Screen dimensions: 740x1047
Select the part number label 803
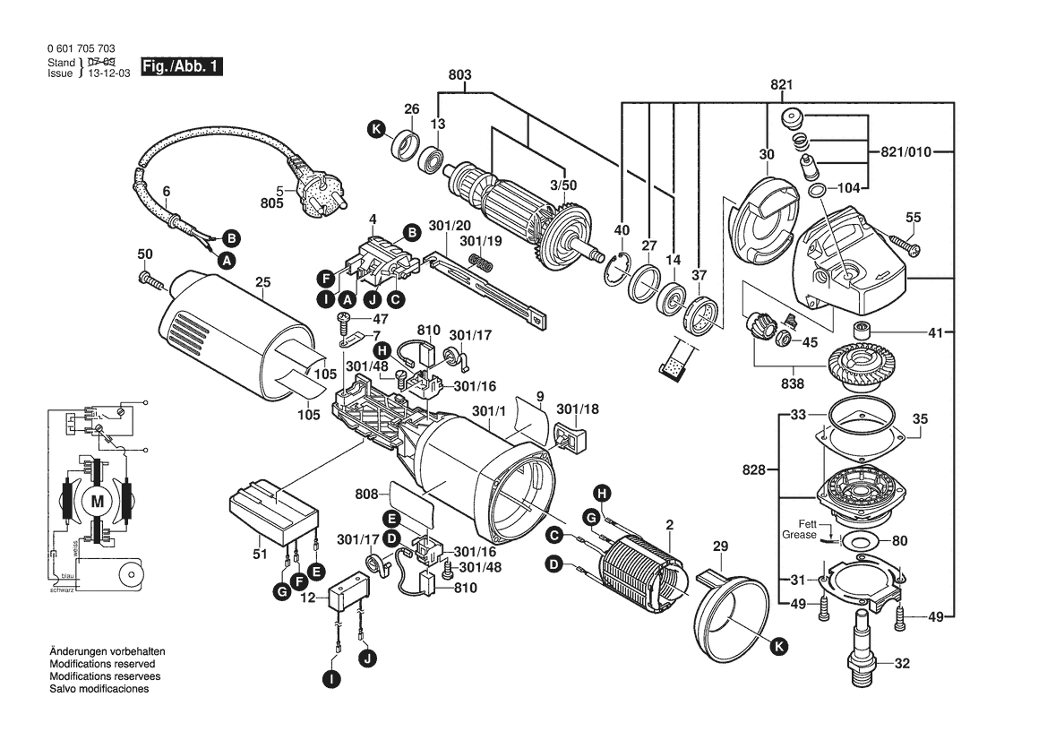point(459,75)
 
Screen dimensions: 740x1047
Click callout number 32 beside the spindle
point(902,664)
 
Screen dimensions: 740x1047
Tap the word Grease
point(800,536)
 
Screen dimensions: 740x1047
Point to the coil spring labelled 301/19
point(482,262)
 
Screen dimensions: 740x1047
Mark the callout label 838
point(794,383)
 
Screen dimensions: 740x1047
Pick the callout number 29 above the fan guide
point(721,546)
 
